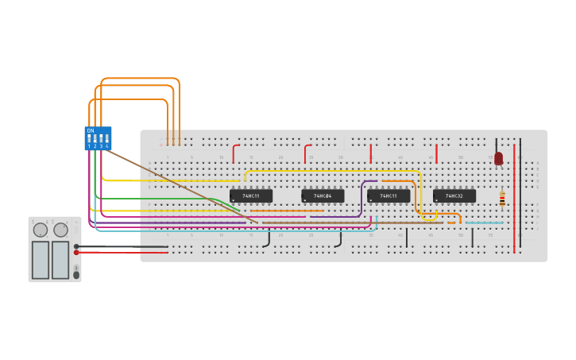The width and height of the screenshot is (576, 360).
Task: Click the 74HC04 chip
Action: click(x=323, y=195)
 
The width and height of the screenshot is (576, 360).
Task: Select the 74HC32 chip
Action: click(x=454, y=195)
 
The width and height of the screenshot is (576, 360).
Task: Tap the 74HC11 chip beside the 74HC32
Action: click(x=389, y=195)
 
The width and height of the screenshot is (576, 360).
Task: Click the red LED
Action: click(x=498, y=158)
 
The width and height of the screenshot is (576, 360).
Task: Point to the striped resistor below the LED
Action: click(x=502, y=199)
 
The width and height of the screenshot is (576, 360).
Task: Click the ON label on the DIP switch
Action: click(x=91, y=130)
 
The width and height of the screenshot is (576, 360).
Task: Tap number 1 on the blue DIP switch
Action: click(x=89, y=146)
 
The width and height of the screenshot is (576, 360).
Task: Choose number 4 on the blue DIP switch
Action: click(x=106, y=146)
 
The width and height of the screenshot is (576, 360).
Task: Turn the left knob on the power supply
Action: click(x=40, y=230)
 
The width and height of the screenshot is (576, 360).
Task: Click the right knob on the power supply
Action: click(x=60, y=230)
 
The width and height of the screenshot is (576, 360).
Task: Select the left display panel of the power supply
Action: click(x=40, y=260)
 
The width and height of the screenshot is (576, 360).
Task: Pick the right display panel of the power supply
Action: click(x=60, y=260)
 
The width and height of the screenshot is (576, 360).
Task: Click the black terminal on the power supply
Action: click(x=76, y=246)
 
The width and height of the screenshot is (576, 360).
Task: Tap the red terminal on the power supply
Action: click(x=76, y=253)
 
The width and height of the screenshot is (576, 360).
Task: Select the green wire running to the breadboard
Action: click(x=159, y=198)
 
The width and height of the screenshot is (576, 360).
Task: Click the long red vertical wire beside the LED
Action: click(x=514, y=199)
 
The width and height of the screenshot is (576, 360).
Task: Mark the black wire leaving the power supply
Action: click(x=119, y=246)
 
